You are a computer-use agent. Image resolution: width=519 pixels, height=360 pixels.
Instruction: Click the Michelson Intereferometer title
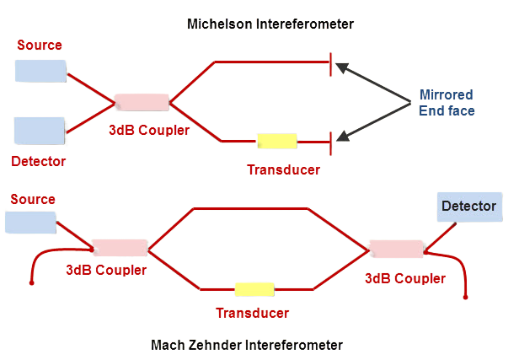pyautogui.click(x=270, y=24)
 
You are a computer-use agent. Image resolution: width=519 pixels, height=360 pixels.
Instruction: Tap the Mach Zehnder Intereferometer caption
pyautogui.click(x=247, y=345)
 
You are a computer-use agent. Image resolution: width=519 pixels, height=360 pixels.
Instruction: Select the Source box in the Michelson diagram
pyautogui.click(x=40, y=71)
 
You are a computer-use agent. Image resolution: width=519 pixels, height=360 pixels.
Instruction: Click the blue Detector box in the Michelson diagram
pyautogui.click(x=40, y=132)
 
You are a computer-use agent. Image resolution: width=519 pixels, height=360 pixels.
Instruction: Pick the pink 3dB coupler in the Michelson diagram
pyautogui.click(x=141, y=102)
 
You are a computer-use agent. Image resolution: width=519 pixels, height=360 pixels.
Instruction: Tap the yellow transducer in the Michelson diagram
pyautogui.click(x=277, y=141)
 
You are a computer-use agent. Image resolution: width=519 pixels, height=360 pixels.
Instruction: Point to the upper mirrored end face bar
pyautogui.click(x=332, y=62)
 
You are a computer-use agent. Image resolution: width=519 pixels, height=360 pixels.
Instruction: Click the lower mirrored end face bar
pyautogui.click(x=332, y=140)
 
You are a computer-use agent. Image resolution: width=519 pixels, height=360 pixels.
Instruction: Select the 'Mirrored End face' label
pyautogui.click(x=447, y=102)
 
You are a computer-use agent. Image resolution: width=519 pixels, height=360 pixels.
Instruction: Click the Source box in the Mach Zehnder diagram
pyautogui.click(x=30, y=222)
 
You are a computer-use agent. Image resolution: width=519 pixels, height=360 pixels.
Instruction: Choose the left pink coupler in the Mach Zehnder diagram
pyautogui.click(x=118, y=249)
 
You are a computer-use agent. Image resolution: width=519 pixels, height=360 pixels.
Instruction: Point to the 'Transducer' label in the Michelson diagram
pyautogui.click(x=283, y=169)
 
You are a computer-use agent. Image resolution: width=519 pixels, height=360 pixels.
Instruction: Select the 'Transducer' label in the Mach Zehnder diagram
pyautogui.click(x=252, y=313)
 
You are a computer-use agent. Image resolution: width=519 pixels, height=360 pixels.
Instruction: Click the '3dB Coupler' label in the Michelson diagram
pyautogui.click(x=148, y=130)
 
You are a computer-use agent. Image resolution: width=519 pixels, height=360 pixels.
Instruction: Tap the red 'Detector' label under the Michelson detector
pyautogui.click(x=39, y=160)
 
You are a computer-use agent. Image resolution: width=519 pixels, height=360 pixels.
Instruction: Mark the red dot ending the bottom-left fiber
pyautogui.click(x=32, y=284)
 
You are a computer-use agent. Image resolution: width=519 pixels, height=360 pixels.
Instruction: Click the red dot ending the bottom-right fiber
pyautogui.click(x=466, y=298)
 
